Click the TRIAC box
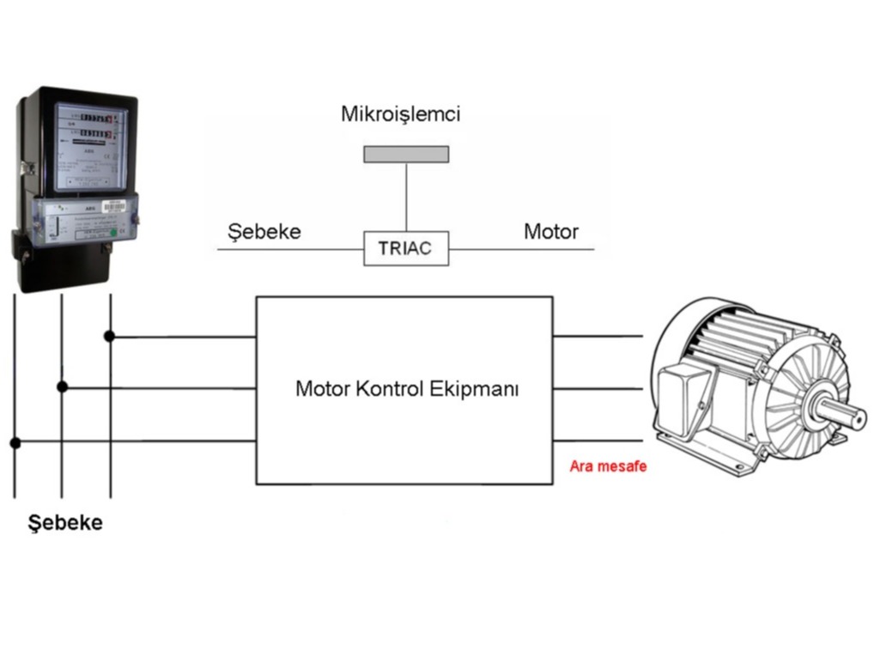(406, 249)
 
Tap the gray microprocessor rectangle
(406, 154)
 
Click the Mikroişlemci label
(401, 114)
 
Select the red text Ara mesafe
(608, 467)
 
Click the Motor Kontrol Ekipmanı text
(407, 388)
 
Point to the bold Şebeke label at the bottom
(65, 522)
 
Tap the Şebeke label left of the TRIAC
(264, 232)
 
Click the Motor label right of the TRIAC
(551, 232)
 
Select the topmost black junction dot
(110, 336)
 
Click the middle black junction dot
(62, 387)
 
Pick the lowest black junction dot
(15, 443)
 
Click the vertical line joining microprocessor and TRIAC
(406, 197)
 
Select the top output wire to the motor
(598, 336)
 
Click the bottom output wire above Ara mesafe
(598, 441)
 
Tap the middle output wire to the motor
(598, 388)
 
